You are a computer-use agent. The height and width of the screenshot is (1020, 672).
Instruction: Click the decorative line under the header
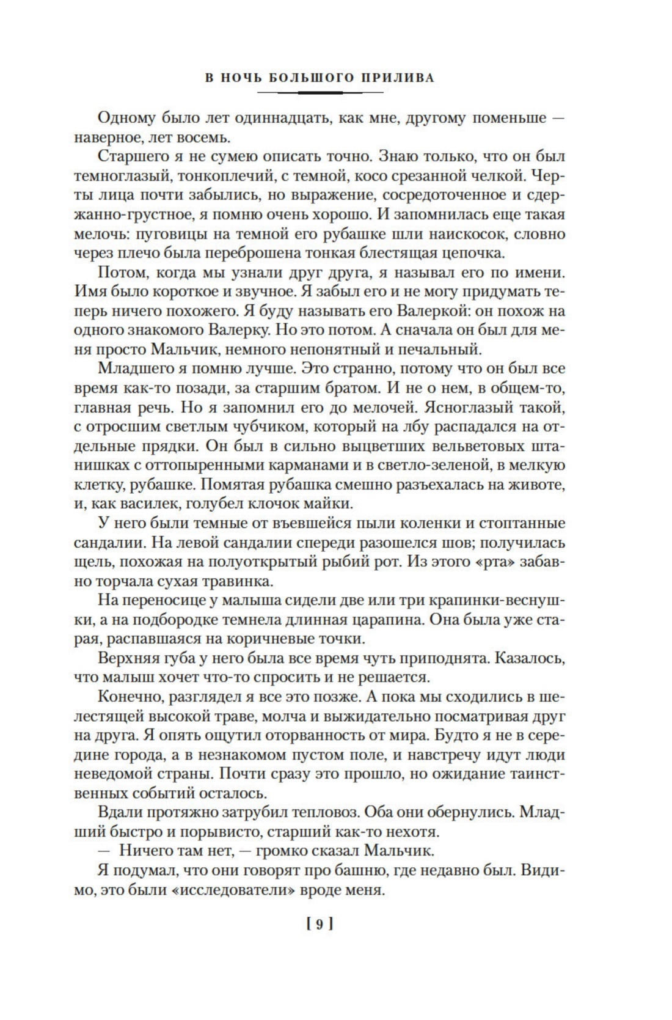(x=320, y=93)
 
